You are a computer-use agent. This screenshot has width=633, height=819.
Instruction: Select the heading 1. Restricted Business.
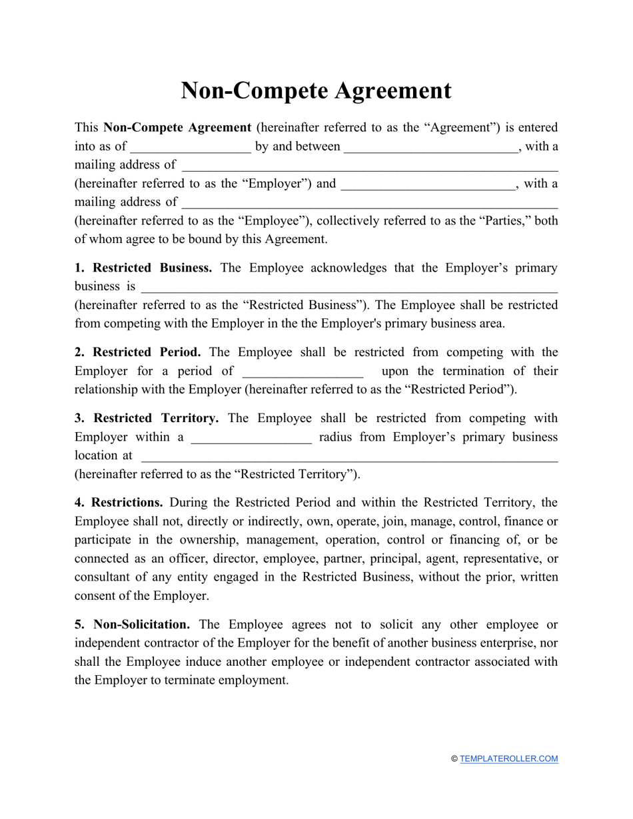pyautogui.click(x=143, y=268)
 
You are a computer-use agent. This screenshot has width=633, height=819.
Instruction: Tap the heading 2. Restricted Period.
pyautogui.click(x=137, y=352)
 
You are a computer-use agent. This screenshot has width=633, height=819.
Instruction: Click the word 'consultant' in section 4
pyautogui.click(x=104, y=577)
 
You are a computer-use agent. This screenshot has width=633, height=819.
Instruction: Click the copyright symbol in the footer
pyautogui.click(x=454, y=758)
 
